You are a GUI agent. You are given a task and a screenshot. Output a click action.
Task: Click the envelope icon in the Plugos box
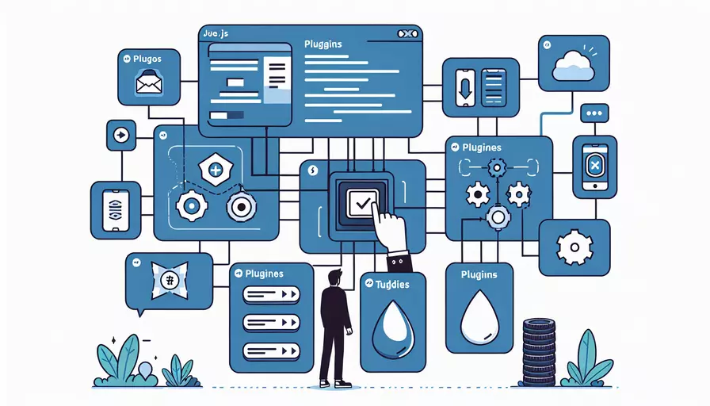click(148, 82)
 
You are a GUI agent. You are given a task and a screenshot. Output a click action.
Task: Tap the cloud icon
click(574, 63)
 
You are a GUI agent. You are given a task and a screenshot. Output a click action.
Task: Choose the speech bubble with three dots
click(594, 114)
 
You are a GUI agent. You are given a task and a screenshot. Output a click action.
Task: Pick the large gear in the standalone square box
click(574, 247)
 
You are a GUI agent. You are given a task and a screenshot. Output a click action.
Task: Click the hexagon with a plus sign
click(215, 169)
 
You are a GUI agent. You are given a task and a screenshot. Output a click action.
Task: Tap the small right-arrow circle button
click(120, 136)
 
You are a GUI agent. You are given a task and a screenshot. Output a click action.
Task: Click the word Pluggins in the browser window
click(323, 44)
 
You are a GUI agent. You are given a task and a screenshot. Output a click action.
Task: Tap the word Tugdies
click(392, 284)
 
